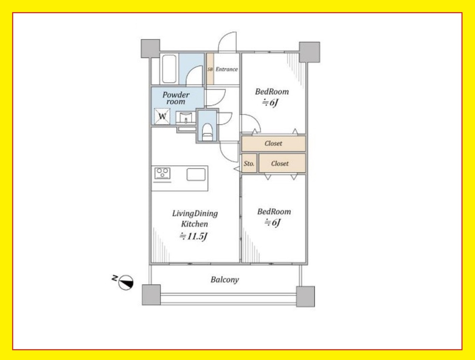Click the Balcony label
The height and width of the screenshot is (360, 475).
pyautogui.click(x=225, y=280)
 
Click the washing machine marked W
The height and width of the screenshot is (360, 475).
pyautogui.click(x=162, y=117)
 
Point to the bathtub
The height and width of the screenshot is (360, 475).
pyautogui.click(x=169, y=69)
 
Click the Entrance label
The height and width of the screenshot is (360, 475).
pyautogui.click(x=227, y=69)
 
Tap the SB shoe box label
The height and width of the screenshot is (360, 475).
pyautogui.click(x=210, y=69)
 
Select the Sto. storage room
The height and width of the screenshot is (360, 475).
pyautogui.click(x=249, y=163)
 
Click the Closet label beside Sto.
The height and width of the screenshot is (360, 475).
pyautogui.click(x=280, y=163)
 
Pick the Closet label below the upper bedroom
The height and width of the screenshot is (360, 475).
pyautogui.click(x=273, y=143)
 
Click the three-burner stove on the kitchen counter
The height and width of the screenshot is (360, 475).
pyautogui.click(x=162, y=173)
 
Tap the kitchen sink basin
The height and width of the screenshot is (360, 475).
pyautogui.click(x=196, y=174)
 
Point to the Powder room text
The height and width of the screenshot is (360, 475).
pyautogui.click(x=176, y=98)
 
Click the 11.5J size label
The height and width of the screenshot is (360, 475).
pyautogui.click(x=194, y=236)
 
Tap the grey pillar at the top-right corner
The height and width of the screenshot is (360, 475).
pyautogui.click(x=309, y=52)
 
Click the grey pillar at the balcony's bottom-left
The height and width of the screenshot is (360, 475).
pyautogui.click(x=151, y=295)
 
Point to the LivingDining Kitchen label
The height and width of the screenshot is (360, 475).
pyautogui.click(x=195, y=219)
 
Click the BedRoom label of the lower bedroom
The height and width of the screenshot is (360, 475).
pyautogui.click(x=274, y=212)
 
